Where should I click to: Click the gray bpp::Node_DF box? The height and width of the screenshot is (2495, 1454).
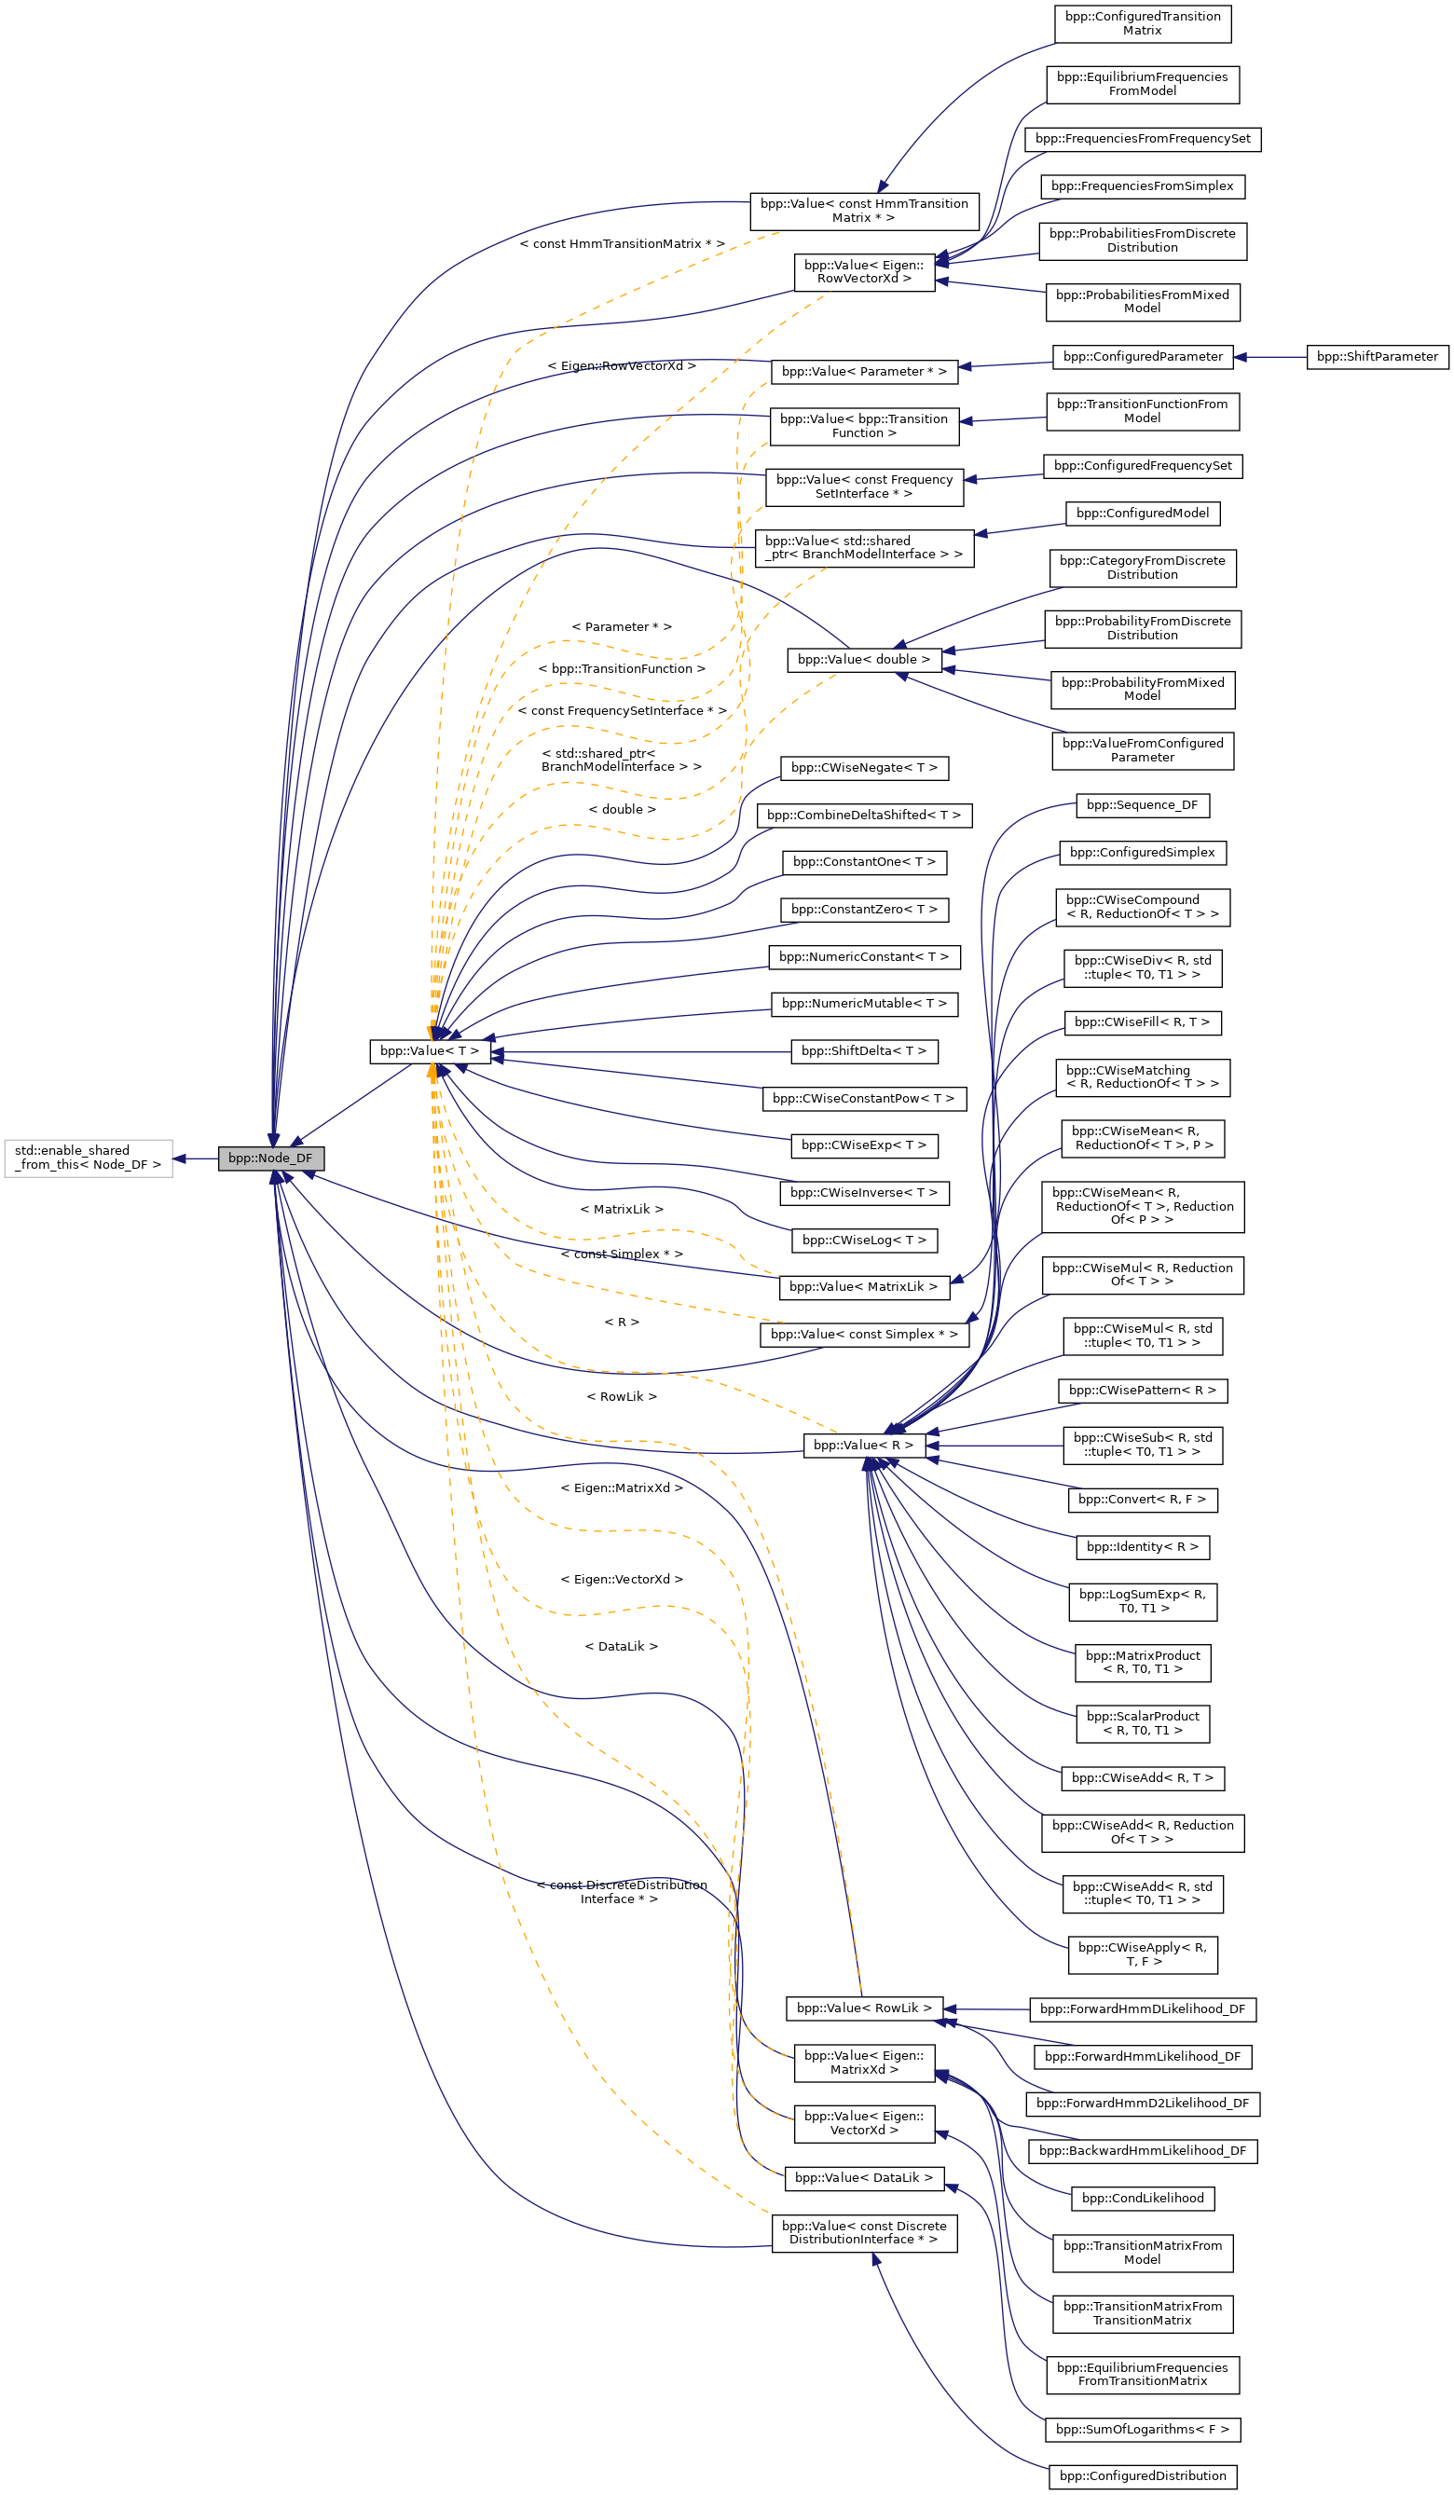point(270,1158)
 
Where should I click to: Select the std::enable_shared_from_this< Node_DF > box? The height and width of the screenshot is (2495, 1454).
point(89,1158)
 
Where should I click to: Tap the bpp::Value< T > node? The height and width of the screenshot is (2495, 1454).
point(430,1050)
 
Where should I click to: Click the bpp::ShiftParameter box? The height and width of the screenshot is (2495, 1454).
point(1377,356)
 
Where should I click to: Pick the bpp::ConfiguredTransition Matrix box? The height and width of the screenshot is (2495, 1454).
point(1142,23)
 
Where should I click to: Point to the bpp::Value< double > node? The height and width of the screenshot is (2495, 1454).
point(863,659)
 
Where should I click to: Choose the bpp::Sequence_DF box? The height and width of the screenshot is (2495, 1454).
point(1141,805)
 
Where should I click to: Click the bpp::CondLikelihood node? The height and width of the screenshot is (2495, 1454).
point(1142,2198)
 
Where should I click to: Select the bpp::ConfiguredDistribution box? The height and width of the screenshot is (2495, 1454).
point(1142,2476)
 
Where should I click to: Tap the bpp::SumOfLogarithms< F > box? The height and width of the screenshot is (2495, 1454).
point(1142,2429)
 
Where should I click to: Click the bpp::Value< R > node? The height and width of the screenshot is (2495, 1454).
point(863,1446)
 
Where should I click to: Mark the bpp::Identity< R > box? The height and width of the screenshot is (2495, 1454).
point(1142,1546)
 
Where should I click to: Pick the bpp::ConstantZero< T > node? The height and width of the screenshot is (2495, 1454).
point(864,909)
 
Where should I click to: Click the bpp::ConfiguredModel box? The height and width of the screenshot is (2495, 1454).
point(1142,513)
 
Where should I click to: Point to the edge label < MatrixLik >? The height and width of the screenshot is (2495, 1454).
point(622,1209)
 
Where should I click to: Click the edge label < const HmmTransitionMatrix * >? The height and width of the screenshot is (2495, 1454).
point(622,243)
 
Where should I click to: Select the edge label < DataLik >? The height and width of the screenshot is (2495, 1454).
point(621,1647)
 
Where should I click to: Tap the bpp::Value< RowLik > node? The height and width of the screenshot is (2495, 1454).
point(864,2008)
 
